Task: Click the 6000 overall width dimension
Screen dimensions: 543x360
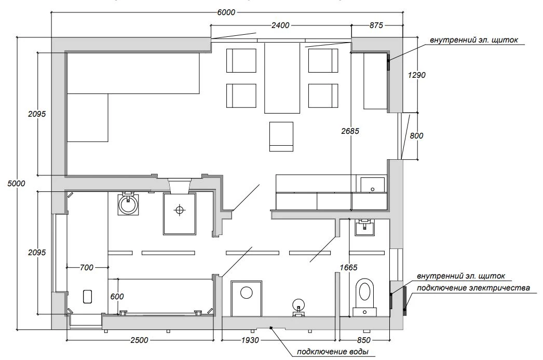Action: tap(226, 12)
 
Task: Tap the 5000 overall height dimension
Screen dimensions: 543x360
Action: tap(16, 183)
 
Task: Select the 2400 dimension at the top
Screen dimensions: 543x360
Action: tap(280, 25)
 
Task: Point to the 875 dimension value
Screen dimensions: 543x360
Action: tap(376, 25)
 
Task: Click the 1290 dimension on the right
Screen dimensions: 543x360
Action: tap(417, 75)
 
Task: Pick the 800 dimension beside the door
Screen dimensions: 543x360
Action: tap(416, 136)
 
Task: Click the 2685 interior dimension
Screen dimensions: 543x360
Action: tap(350, 131)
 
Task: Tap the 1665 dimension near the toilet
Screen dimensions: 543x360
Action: tap(348, 268)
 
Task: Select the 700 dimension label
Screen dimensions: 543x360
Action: tap(86, 268)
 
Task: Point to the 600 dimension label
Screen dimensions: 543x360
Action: tap(117, 297)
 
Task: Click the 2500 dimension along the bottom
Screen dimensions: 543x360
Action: tap(139, 340)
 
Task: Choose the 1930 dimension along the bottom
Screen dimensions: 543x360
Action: tap(250, 340)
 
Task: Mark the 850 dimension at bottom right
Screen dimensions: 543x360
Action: tap(363, 340)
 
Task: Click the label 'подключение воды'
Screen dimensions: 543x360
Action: tap(332, 352)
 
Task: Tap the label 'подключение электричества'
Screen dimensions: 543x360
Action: tap(473, 288)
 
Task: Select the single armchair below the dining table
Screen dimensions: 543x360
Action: tap(281, 136)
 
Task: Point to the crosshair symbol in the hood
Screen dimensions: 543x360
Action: tap(180, 210)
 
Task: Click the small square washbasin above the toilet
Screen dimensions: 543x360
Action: tap(364, 227)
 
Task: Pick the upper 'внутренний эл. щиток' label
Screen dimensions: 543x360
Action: tap(474, 40)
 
